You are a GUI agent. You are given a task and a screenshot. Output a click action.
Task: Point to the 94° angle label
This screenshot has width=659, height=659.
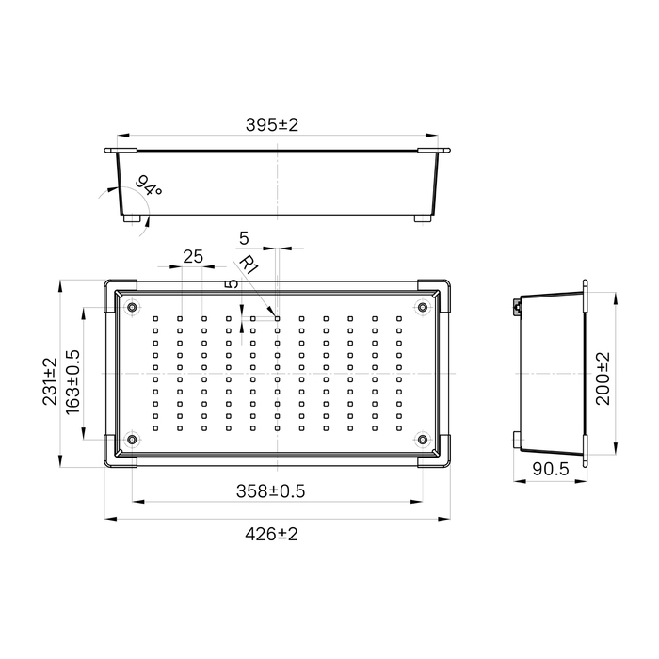click(x=150, y=185)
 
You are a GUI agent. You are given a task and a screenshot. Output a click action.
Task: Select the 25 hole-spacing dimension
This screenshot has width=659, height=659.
click(x=193, y=256)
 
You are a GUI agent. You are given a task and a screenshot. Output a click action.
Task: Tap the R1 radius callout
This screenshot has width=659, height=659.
click(x=249, y=265)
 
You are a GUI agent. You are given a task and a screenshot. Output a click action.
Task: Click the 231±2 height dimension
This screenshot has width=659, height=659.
click(x=50, y=381)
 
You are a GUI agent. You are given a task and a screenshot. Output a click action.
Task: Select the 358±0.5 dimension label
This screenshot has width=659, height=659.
click(x=274, y=490)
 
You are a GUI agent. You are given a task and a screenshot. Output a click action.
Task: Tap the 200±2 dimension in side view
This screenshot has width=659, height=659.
click(x=603, y=378)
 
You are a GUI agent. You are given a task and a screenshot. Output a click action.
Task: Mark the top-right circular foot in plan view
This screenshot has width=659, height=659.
click(x=423, y=306)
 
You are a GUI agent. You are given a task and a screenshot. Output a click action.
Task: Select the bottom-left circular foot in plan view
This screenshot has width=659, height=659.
click(x=132, y=440)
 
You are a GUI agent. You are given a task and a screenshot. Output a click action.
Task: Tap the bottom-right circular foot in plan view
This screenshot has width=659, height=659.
click(x=423, y=440)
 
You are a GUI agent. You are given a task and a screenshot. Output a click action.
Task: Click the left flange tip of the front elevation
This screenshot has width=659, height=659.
click(x=109, y=150)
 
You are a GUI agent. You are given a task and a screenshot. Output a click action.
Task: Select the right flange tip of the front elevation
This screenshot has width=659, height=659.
click(x=445, y=150)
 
